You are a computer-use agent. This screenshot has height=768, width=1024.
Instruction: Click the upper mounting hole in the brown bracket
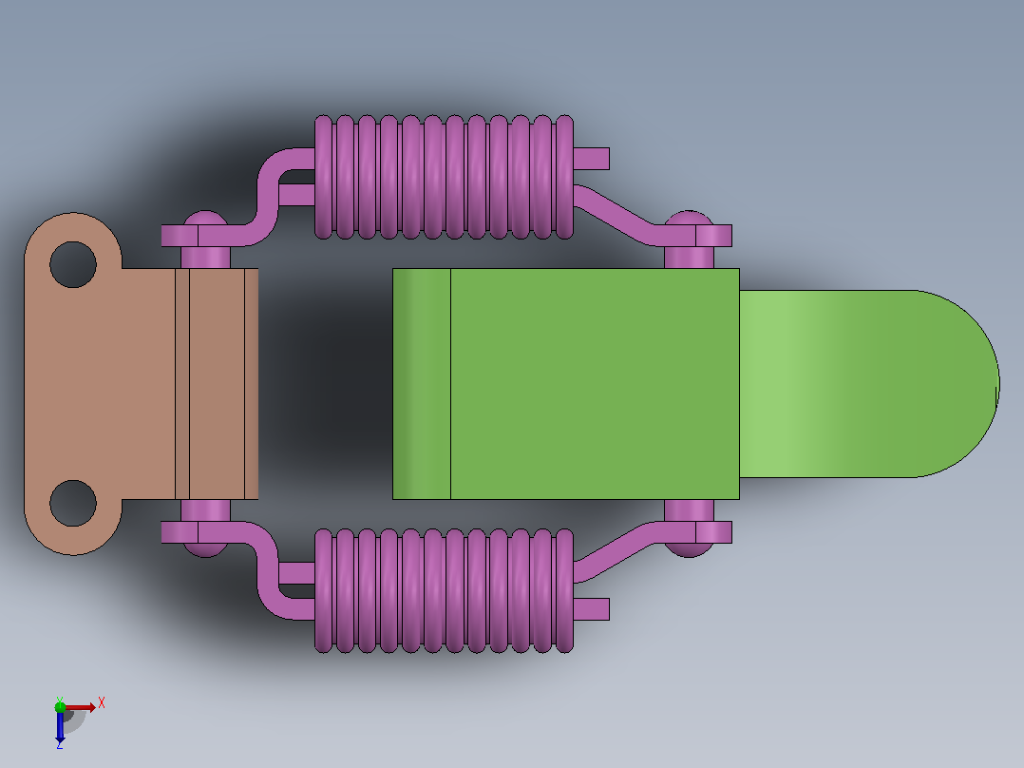73,265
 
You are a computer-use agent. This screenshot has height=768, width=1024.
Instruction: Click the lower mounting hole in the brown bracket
73,503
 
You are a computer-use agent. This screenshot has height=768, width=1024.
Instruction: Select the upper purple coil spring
445,177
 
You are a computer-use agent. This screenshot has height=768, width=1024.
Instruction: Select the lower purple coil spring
445,591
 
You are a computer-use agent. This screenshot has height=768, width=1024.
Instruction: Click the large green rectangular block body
565,384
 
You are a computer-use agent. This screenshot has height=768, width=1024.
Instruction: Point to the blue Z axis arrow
60,726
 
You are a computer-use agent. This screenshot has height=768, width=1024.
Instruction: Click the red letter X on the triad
102,703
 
